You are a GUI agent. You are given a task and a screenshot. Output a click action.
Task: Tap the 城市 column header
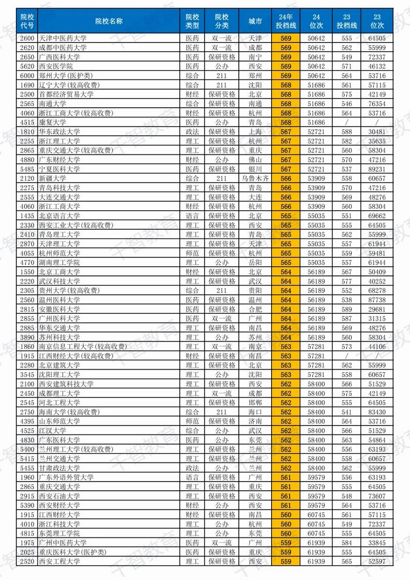tap(255, 21)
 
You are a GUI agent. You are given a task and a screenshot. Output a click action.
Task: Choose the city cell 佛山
tap(255, 160)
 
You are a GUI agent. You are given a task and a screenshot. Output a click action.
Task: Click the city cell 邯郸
tap(255, 403)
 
